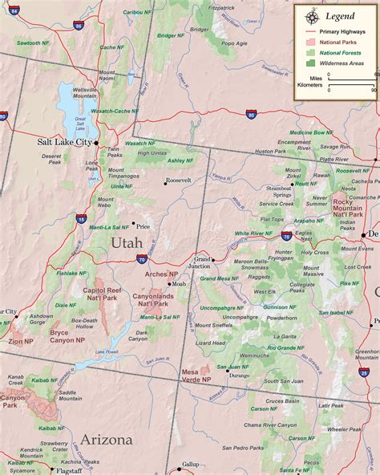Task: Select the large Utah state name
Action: tap(128, 242)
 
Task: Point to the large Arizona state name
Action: tap(106, 440)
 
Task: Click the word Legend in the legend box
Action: tap(340, 15)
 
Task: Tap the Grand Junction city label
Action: tap(200, 262)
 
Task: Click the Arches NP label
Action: tap(161, 274)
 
